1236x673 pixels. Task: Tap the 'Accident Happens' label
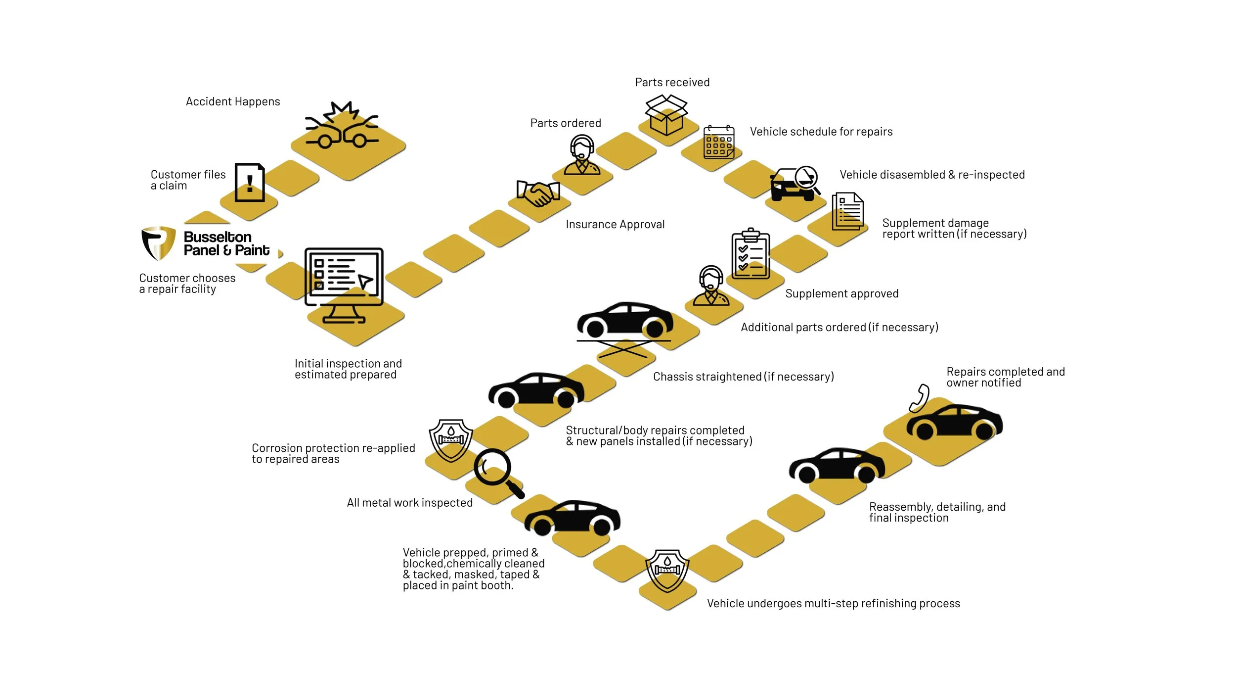tap(232, 101)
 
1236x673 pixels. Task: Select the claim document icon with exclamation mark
tap(250, 182)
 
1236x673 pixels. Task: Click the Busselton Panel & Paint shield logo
tap(158, 243)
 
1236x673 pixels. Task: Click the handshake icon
tap(538, 193)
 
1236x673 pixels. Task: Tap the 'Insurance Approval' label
tap(615, 225)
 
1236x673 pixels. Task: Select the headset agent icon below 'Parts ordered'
tap(582, 155)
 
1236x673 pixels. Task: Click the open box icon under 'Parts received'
tap(666, 115)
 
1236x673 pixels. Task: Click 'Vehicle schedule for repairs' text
tap(821, 132)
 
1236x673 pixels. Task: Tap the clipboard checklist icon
tap(750, 253)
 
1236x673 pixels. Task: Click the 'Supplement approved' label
tap(841, 293)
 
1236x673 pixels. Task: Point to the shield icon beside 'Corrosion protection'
tap(450, 440)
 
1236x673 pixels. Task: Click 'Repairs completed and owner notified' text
tap(1005, 377)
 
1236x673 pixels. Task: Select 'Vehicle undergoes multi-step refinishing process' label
tap(833, 603)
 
